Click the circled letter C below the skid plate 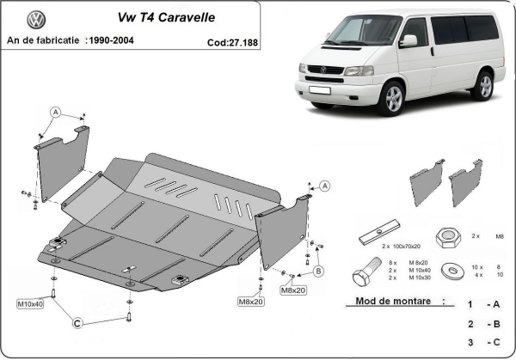point(77,323)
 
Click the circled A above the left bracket point(55,112)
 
